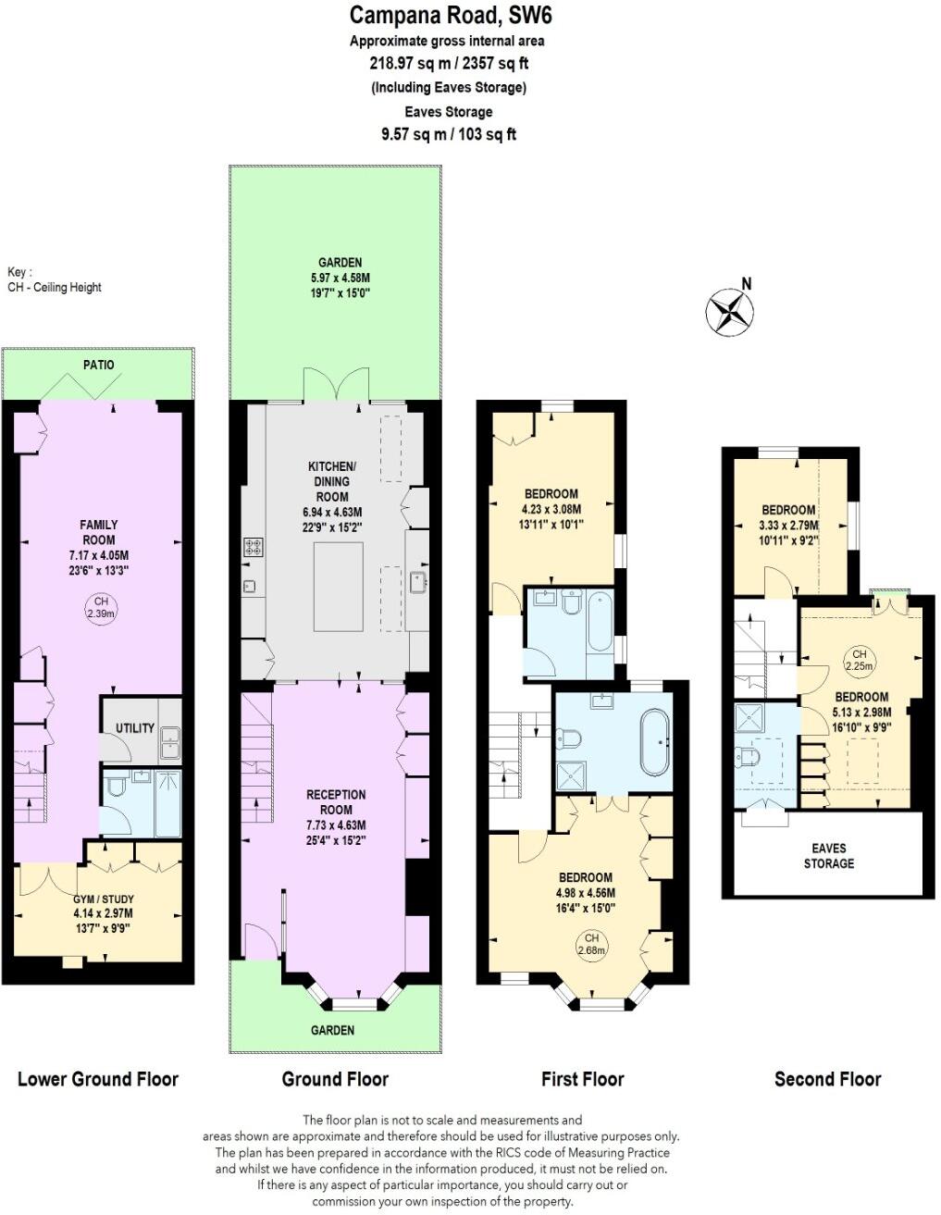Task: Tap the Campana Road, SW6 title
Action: (x=451, y=16)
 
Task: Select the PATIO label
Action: (x=99, y=365)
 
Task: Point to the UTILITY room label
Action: (x=135, y=728)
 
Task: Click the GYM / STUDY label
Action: (x=104, y=899)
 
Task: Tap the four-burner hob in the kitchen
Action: (x=253, y=547)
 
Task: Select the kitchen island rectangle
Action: (x=338, y=587)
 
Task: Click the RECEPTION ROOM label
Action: (x=336, y=802)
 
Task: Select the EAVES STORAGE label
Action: (x=828, y=856)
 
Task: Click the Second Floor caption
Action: (x=827, y=1079)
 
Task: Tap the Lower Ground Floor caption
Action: (x=98, y=1079)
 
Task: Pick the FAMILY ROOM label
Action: (x=99, y=532)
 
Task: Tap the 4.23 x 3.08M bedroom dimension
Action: (x=552, y=509)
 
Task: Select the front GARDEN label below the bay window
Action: (x=332, y=1030)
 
